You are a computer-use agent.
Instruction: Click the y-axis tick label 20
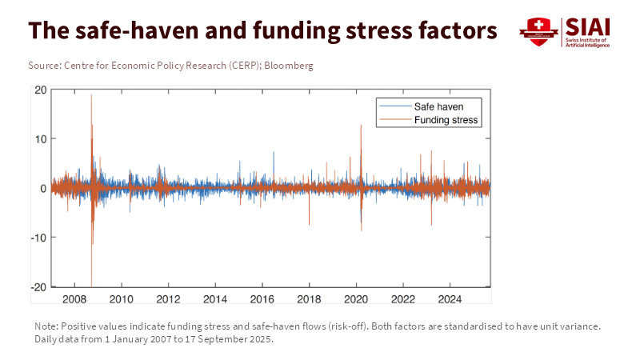coord(41,90)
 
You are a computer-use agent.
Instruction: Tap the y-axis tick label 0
coord(43,188)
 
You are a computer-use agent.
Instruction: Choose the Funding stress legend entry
coord(446,120)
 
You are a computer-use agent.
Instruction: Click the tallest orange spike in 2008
coord(91,96)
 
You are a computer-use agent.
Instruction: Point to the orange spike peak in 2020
coord(361,126)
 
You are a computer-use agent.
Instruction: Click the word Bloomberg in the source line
coord(290,65)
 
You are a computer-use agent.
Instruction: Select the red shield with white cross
coord(538,30)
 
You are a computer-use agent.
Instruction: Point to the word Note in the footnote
coord(46,326)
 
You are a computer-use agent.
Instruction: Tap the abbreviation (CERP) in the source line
coord(230,65)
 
